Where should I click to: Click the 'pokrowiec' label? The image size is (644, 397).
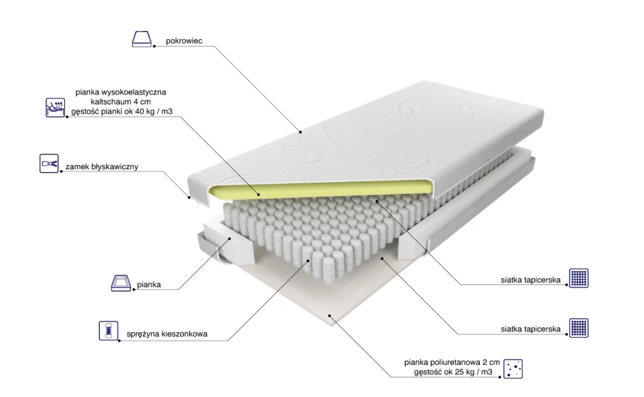pos(184,41)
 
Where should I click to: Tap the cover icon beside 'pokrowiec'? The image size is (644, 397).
pos(142,39)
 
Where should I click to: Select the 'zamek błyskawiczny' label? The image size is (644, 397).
pos(102,167)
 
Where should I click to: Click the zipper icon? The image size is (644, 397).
pos(49,163)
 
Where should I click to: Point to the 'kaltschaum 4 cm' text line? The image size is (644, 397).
pos(121,102)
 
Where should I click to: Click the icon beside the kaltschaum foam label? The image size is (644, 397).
pos(55,107)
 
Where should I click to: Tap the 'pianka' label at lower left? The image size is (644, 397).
pos(149,284)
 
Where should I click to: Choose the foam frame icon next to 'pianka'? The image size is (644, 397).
pos(121,283)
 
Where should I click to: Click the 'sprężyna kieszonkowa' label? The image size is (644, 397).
pos(167,334)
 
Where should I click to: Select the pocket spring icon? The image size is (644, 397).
pos(108,331)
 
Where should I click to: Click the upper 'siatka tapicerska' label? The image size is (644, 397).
pos(531,280)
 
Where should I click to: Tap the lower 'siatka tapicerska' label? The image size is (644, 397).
pos(531,329)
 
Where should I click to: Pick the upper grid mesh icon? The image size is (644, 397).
pos(579,278)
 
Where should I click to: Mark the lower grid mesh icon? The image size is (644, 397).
pos(579,328)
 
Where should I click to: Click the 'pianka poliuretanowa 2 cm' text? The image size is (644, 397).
pos(452,362)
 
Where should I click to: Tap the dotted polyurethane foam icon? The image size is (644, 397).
pos(513,369)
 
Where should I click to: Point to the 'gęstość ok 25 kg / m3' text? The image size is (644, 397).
pos(453,372)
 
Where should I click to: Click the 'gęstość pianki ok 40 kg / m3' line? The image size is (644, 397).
pos(122,111)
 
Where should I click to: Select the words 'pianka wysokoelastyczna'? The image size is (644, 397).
pos(121,93)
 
